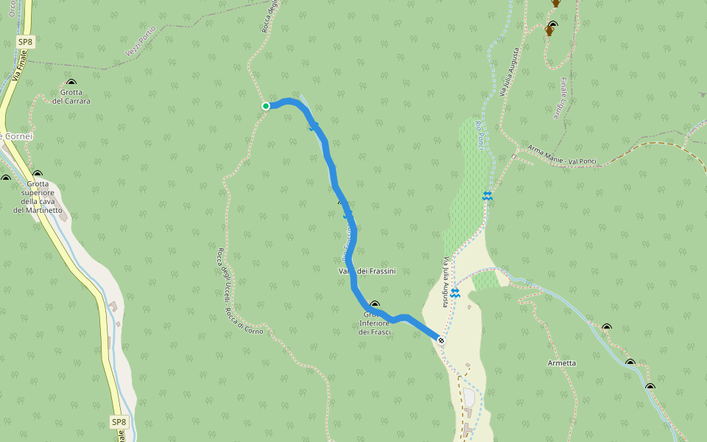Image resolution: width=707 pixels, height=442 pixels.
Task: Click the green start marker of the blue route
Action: point(266,106)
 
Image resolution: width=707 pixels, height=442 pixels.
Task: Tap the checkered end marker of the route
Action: point(440,340)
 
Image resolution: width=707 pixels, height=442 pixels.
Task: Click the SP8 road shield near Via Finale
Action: point(25,43)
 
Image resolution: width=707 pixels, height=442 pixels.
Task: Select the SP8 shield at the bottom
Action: point(119,422)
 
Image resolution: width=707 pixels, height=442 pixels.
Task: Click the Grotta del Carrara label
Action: point(71,97)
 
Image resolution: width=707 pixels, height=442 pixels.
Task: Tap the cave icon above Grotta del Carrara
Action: point(71,83)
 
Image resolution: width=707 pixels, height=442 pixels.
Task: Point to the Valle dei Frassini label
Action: point(367,272)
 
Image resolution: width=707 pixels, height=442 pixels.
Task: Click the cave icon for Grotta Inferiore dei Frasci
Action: point(375,304)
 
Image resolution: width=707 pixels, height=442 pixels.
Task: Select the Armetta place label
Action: point(562,363)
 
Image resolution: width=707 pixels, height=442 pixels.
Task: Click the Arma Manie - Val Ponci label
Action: point(562,155)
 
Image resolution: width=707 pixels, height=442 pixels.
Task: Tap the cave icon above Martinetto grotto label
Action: point(37,174)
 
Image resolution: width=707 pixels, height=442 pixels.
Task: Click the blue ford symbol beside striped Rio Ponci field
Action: point(487,195)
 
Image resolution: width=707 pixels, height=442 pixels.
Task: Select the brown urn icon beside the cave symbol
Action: point(549,32)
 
